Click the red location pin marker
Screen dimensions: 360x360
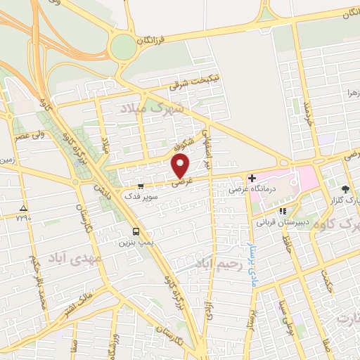click(181, 166)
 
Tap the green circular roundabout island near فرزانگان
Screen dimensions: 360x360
click(123, 48)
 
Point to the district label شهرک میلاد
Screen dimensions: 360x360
click(155, 109)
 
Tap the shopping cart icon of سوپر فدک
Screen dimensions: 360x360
click(141, 186)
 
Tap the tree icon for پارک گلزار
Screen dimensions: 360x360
click(345, 189)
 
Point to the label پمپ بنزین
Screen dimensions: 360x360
click(136, 242)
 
